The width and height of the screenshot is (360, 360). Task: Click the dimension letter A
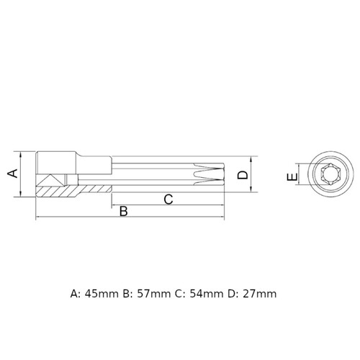point(13,174)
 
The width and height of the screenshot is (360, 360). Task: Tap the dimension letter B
point(124,211)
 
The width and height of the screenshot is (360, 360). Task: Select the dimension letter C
point(168,199)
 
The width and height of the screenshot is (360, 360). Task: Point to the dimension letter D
point(243,175)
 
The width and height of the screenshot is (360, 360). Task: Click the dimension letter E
point(292,177)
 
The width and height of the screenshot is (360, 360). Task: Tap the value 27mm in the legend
point(259,294)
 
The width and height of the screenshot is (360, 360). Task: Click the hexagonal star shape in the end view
point(330,174)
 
